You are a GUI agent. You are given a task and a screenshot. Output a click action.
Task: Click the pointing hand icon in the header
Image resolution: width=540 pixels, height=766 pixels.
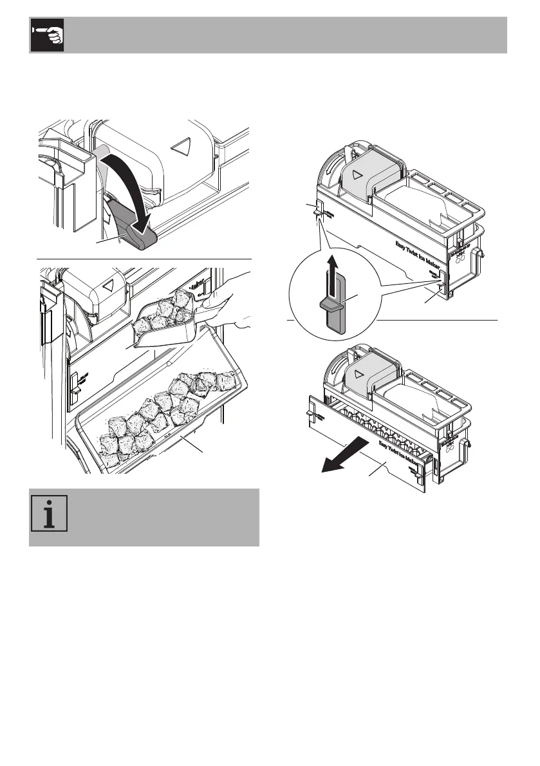pyautogui.click(x=47, y=35)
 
